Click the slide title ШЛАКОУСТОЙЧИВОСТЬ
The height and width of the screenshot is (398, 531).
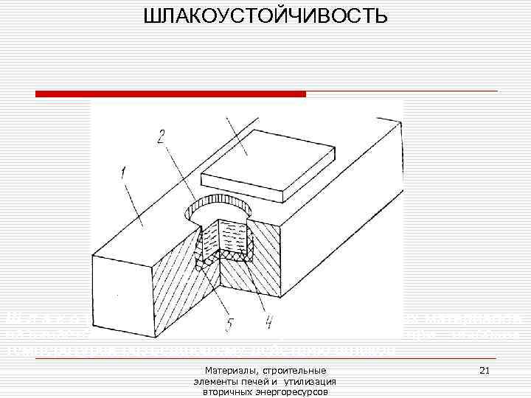pyautogui.click(x=265, y=15)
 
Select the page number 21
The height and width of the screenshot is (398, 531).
pyautogui.click(x=485, y=369)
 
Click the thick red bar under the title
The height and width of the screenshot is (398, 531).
pyautogui.click(x=170, y=94)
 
